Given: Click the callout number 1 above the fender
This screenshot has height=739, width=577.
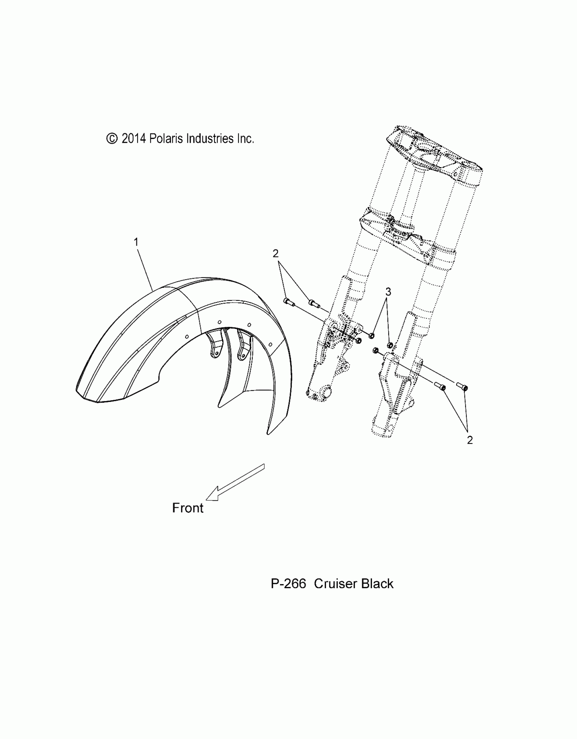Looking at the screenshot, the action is tap(136, 243).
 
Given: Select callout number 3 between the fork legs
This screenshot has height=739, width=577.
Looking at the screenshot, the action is tap(388, 292).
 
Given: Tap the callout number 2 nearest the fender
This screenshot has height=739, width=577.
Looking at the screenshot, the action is tap(275, 253).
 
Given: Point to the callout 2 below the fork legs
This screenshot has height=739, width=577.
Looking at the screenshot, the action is tap(470, 440).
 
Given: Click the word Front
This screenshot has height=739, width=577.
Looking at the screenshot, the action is tap(188, 517).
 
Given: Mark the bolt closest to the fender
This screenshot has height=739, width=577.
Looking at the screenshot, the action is tap(289, 301).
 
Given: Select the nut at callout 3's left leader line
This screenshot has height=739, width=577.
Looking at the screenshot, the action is tap(372, 336).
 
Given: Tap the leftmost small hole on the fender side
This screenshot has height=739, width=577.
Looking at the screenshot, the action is tap(186, 336).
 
